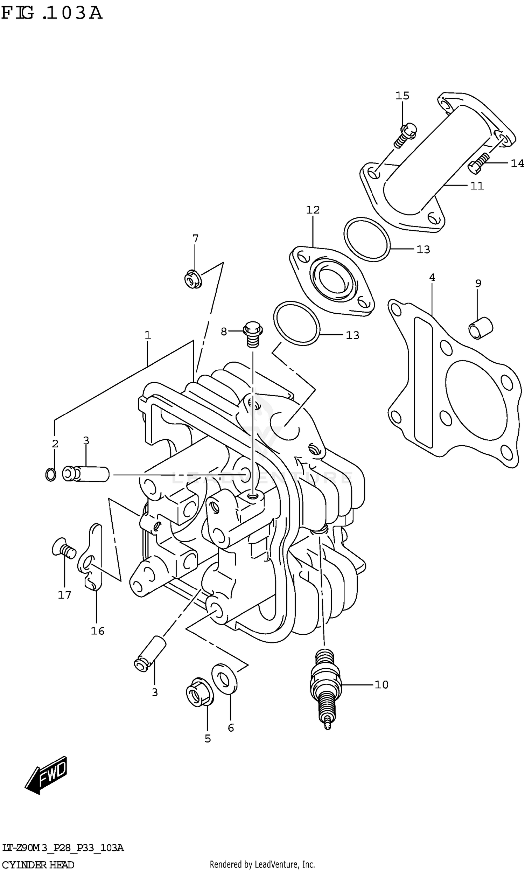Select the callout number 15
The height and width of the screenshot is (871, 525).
coord(402,96)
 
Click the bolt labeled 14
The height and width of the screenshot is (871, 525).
coord(478,162)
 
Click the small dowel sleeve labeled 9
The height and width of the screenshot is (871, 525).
coord(481,328)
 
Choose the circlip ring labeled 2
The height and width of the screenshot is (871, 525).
coord(50,474)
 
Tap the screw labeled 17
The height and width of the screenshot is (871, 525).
coord(64,549)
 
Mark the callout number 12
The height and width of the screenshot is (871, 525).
coord(313,210)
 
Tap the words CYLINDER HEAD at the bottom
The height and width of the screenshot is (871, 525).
coord(38,865)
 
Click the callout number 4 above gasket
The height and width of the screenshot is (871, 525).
coord(432,278)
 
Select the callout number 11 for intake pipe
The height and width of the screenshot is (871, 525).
coord(477,186)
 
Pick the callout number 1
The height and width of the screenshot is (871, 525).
coord(148,335)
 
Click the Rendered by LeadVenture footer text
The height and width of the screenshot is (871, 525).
coord(262,865)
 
